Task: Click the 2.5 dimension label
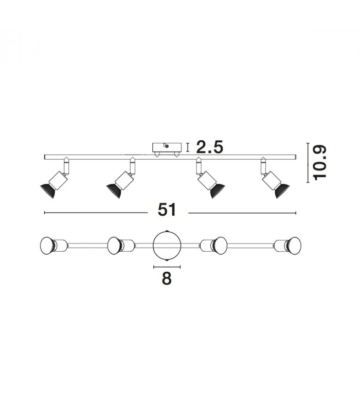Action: (210, 147)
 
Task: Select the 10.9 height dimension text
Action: (319, 163)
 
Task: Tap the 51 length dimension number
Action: (167, 210)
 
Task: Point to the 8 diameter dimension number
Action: (167, 278)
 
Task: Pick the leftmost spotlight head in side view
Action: (55, 181)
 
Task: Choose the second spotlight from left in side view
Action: (121, 181)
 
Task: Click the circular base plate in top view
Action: (167, 246)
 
